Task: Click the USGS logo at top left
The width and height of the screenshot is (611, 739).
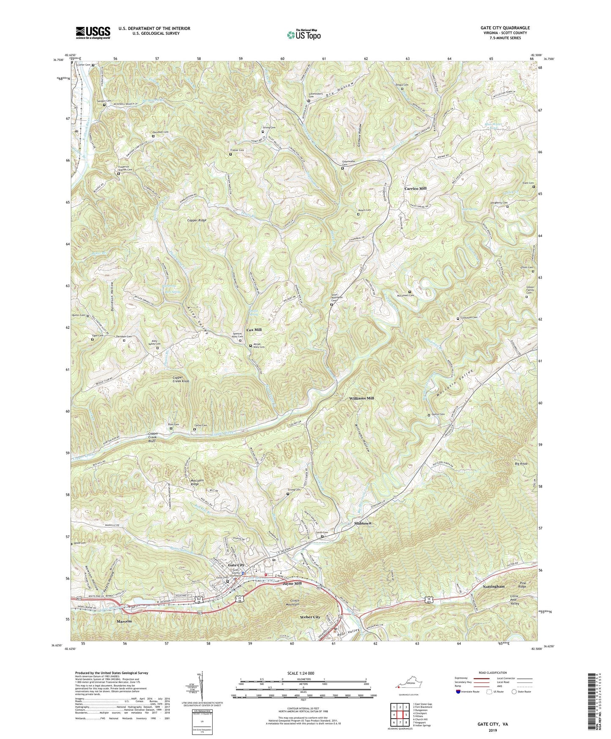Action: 93,32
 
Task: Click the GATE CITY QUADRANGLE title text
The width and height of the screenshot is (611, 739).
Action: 505,28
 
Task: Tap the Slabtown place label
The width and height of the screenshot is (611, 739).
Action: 363,523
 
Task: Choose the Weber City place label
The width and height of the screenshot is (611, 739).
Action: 310,617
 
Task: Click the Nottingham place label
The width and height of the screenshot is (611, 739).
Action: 493,587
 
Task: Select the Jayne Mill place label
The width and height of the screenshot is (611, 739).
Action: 292,583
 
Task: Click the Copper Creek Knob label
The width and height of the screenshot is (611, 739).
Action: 181,379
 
